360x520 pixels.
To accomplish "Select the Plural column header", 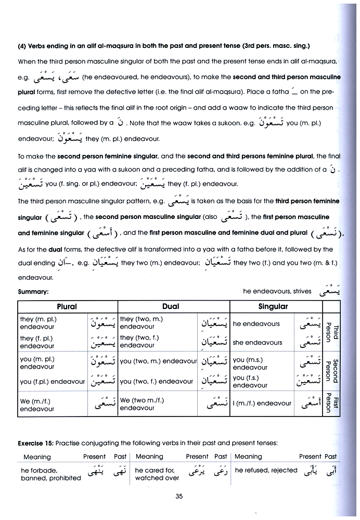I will coord(67,306).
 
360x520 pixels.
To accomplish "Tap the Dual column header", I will coord(171,306).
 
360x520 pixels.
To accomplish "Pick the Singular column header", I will coord(273,306).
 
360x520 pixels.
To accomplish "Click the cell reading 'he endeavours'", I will coord(256,323).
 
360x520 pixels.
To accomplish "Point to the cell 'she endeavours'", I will coord(258,343).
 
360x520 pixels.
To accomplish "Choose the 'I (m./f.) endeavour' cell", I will coord(262,403).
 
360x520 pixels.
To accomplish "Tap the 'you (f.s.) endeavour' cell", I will coord(247,382).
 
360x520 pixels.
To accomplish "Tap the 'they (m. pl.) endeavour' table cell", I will coord(38,323).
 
